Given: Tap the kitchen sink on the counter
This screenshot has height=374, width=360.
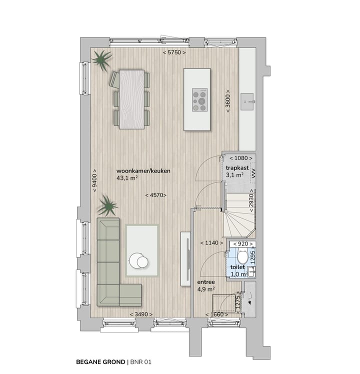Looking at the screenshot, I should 248,101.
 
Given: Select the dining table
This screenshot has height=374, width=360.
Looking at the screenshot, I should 131,98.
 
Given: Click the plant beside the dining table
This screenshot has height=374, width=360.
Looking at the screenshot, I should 102,60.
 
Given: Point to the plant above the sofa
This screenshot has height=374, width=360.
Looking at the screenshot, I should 107,204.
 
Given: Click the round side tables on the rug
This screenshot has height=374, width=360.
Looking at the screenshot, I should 138,260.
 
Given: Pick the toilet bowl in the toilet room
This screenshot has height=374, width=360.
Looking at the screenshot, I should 242,257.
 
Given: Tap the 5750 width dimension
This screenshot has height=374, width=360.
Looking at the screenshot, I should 174,52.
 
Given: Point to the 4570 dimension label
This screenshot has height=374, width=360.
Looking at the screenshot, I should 155,195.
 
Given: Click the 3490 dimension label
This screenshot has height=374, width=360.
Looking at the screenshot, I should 140,314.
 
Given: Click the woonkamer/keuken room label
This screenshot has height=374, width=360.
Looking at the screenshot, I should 143,170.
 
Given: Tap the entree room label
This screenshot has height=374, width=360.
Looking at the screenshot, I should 206,281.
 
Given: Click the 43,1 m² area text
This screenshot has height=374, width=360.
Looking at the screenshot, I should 127,178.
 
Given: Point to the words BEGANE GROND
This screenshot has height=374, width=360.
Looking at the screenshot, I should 100,361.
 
